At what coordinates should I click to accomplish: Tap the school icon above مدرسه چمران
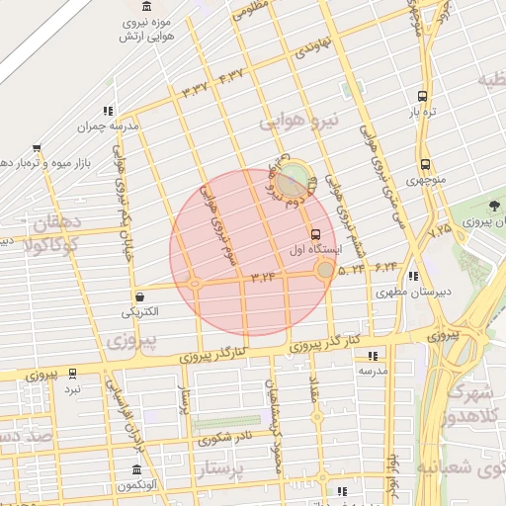pos(107,112)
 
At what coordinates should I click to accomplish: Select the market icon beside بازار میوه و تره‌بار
pos(37,147)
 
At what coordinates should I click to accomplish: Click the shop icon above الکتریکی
pos(139,295)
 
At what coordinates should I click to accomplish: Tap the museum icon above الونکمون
pos(137,469)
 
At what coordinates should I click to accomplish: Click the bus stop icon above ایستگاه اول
pos(315,235)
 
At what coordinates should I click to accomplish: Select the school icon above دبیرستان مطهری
pos(412,277)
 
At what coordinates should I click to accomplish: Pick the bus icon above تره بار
pos(423,97)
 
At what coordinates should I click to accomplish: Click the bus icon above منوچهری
pos(425,165)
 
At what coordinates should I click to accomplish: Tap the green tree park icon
pos(493,206)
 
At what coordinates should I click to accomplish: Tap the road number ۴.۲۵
pos(440,230)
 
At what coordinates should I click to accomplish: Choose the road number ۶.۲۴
pos(385,266)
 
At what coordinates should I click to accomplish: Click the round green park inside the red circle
pos(291,180)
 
